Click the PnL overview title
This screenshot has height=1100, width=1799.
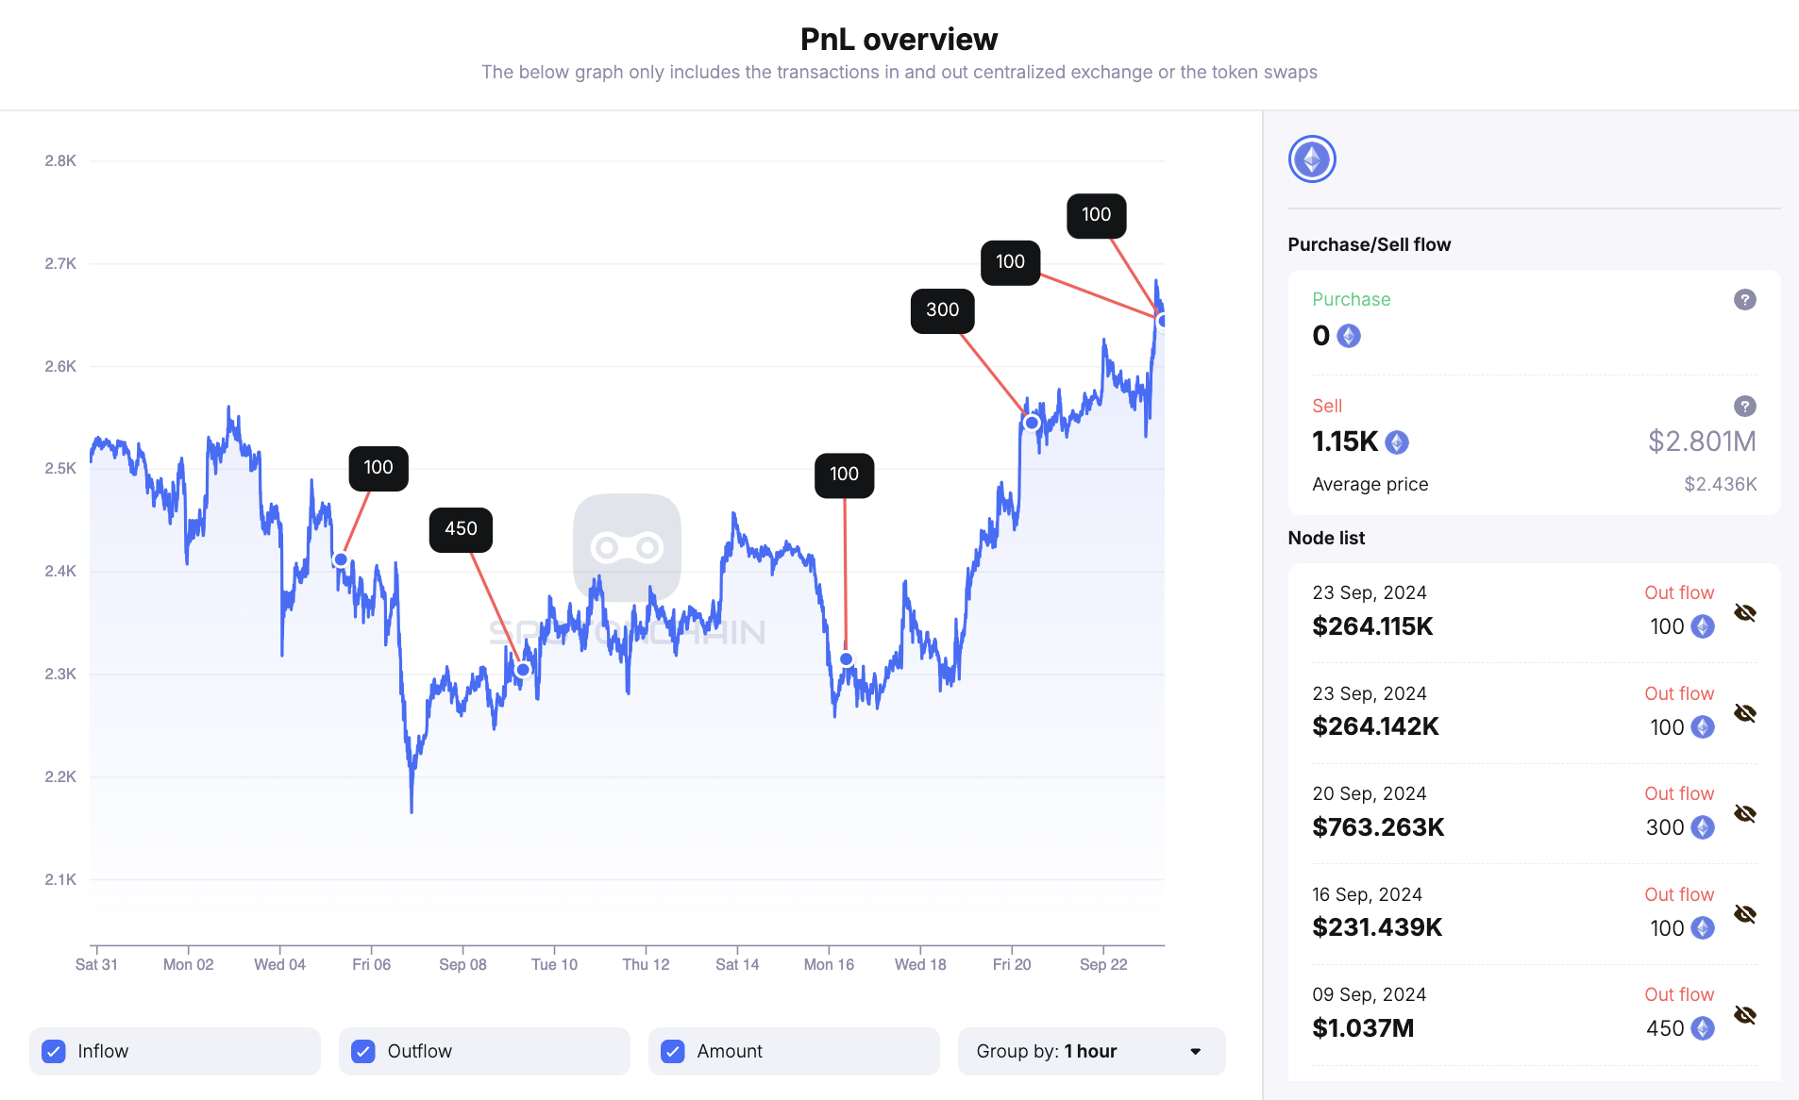click(899, 40)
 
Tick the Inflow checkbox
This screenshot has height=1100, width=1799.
click(55, 1051)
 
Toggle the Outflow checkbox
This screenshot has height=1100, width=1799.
click(363, 1051)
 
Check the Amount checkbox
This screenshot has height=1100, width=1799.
click(673, 1051)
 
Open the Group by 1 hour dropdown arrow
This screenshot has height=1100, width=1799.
click(1195, 1051)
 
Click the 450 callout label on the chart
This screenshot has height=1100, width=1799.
click(461, 529)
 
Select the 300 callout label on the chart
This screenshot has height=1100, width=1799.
click(942, 310)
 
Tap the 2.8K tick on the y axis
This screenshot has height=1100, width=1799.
click(60, 161)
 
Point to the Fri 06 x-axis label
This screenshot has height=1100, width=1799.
click(371, 964)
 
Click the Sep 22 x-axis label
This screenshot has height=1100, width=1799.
click(1103, 964)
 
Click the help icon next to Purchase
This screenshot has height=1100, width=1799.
click(1744, 300)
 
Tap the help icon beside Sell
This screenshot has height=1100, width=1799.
click(1744, 407)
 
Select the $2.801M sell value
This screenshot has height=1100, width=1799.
click(1701, 442)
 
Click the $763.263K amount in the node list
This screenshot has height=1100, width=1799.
click(1378, 827)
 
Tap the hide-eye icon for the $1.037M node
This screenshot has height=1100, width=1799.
click(1744, 1015)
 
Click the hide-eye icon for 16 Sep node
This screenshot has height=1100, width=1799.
click(1744, 914)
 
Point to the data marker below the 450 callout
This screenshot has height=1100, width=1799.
click(523, 670)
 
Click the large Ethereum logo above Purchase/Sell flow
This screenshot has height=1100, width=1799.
click(1312, 159)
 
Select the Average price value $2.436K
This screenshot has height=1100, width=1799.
click(1720, 485)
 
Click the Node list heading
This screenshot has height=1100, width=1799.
click(1326, 539)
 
